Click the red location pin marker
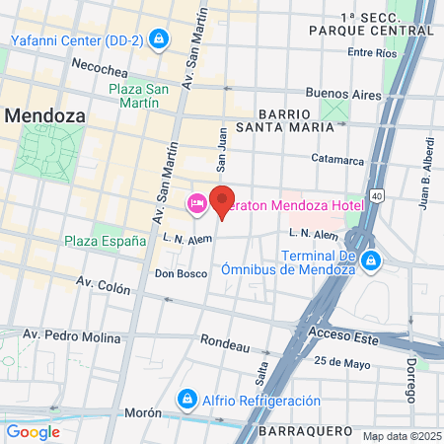click(x=223, y=200)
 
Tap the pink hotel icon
click(x=196, y=203)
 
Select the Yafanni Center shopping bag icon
click(x=161, y=39)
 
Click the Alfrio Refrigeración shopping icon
click(x=185, y=400)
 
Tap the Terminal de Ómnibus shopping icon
click(x=371, y=260)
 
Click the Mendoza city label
click(x=43, y=114)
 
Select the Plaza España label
click(x=105, y=240)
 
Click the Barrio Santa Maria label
click(x=300, y=122)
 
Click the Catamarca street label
click(x=337, y=158)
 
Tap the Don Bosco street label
click(x=178, y=273)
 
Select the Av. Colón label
click(x=104, y=285)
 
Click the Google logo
click(x=34, y=431)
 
